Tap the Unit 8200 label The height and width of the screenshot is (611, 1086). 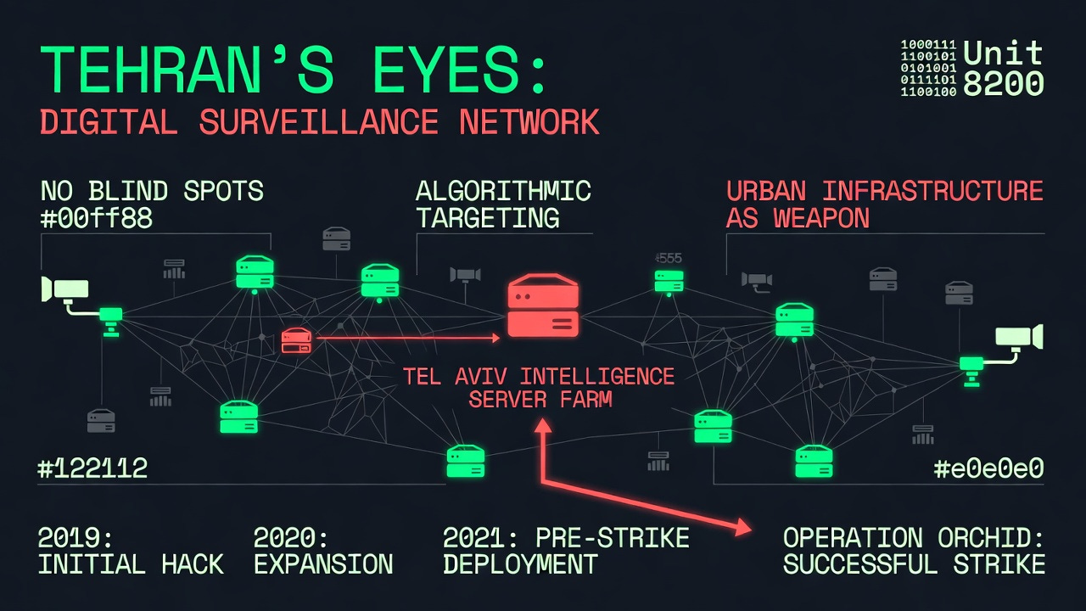(x=1003, y=68)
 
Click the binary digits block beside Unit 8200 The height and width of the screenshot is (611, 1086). (x=928, y=68)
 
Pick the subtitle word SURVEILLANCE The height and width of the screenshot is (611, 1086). (x=319, y=122)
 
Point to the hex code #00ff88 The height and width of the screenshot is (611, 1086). (x=97, y=219)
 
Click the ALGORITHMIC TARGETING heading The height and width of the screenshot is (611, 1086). (x=502, y=204)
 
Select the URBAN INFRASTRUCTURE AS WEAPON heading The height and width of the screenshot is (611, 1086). (x=884, y=204)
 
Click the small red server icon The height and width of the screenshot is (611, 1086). (x=296, y=341)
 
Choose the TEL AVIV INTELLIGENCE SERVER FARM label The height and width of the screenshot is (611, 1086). (x=540, y=387)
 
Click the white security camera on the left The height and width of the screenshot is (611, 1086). (x=64, y=290)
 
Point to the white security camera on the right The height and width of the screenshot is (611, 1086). (x=1018, y=338)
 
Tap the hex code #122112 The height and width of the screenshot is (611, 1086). (x=92, y=468)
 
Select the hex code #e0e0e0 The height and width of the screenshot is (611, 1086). (x=988, y=468)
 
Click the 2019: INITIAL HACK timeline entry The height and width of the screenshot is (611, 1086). (x=131, y=551)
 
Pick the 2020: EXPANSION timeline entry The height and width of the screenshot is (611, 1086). (x=323, y=551)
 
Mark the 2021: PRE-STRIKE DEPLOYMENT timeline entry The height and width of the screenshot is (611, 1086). (x=566, y=551)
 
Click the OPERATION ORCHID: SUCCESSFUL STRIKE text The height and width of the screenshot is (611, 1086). (x=914, y=551)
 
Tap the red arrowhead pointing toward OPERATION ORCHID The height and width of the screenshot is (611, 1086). (x=742, y=528)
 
